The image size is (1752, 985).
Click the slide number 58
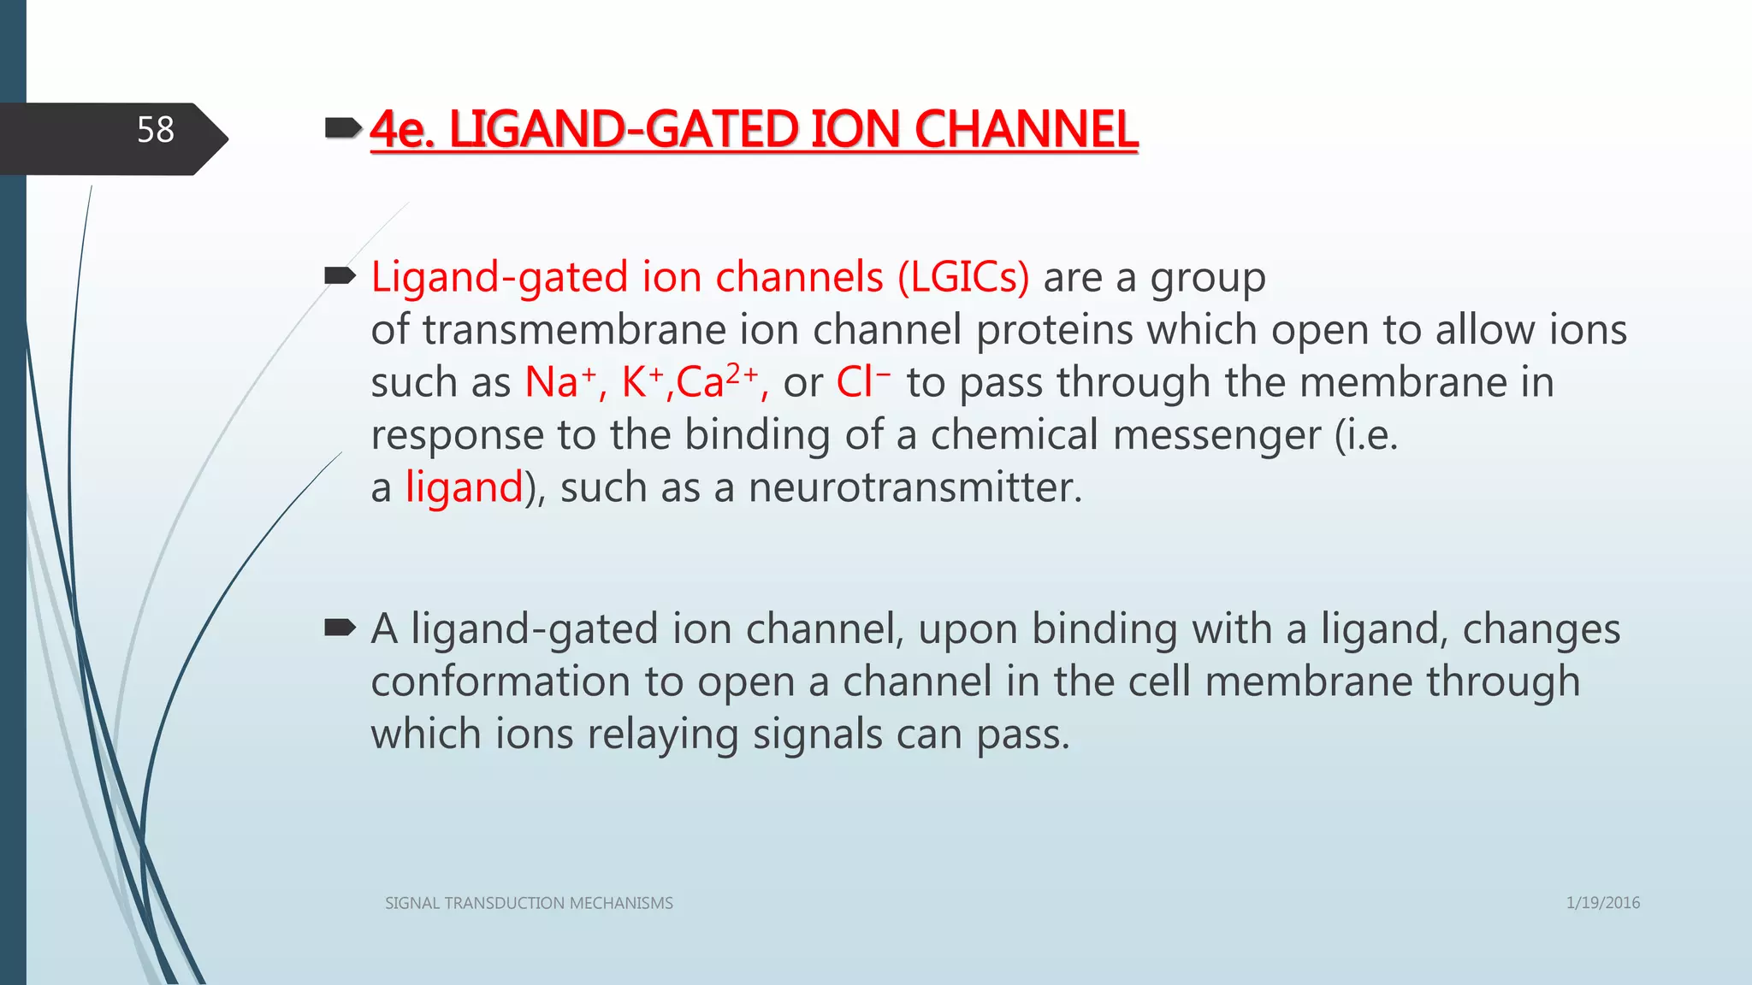[x=155, y=130]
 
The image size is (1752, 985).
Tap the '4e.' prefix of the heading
[x=403, y=130]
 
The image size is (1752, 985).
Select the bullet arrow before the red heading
[x=341, y=129]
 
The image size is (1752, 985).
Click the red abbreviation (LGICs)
[x=963, y=277]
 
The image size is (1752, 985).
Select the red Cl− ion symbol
[x=862, y=381]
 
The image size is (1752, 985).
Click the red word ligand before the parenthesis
[x=464, y=487]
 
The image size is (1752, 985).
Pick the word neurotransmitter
[x=914, y=487]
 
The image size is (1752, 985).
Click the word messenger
[x=1125, y=435]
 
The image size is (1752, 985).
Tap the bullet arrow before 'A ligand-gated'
[x=340, y=628]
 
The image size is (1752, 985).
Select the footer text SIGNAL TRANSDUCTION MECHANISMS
[x=529, y=903]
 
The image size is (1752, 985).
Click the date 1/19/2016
[x=1602, y=903]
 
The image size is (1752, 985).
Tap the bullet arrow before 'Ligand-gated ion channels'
[x=340, y=275]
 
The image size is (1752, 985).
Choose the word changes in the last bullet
[x=1541, y=629]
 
